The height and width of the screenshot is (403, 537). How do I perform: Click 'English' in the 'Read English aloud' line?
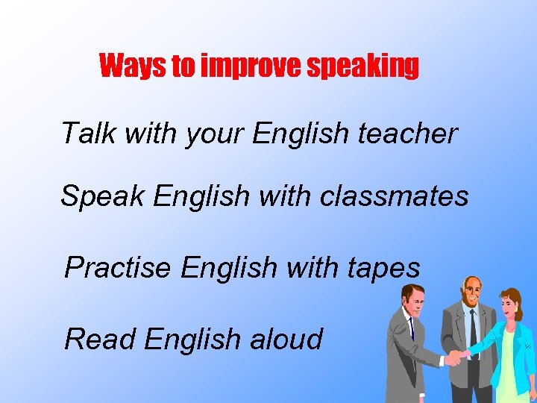click(192, 340)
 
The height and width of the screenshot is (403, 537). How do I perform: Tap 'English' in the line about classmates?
click(202, 197)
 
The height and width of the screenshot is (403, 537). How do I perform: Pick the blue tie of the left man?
click(411, 328)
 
